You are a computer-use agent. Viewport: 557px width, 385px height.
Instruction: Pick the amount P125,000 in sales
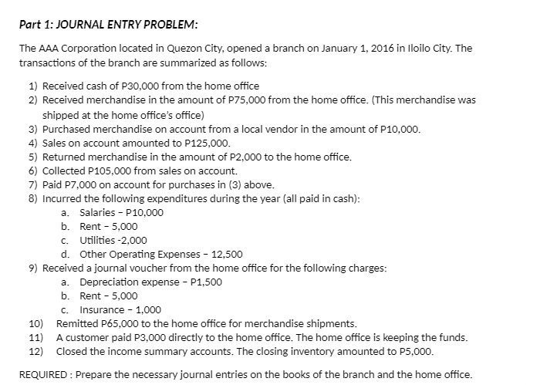point(209,143)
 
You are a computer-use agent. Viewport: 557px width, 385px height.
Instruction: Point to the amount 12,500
point(226,254)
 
